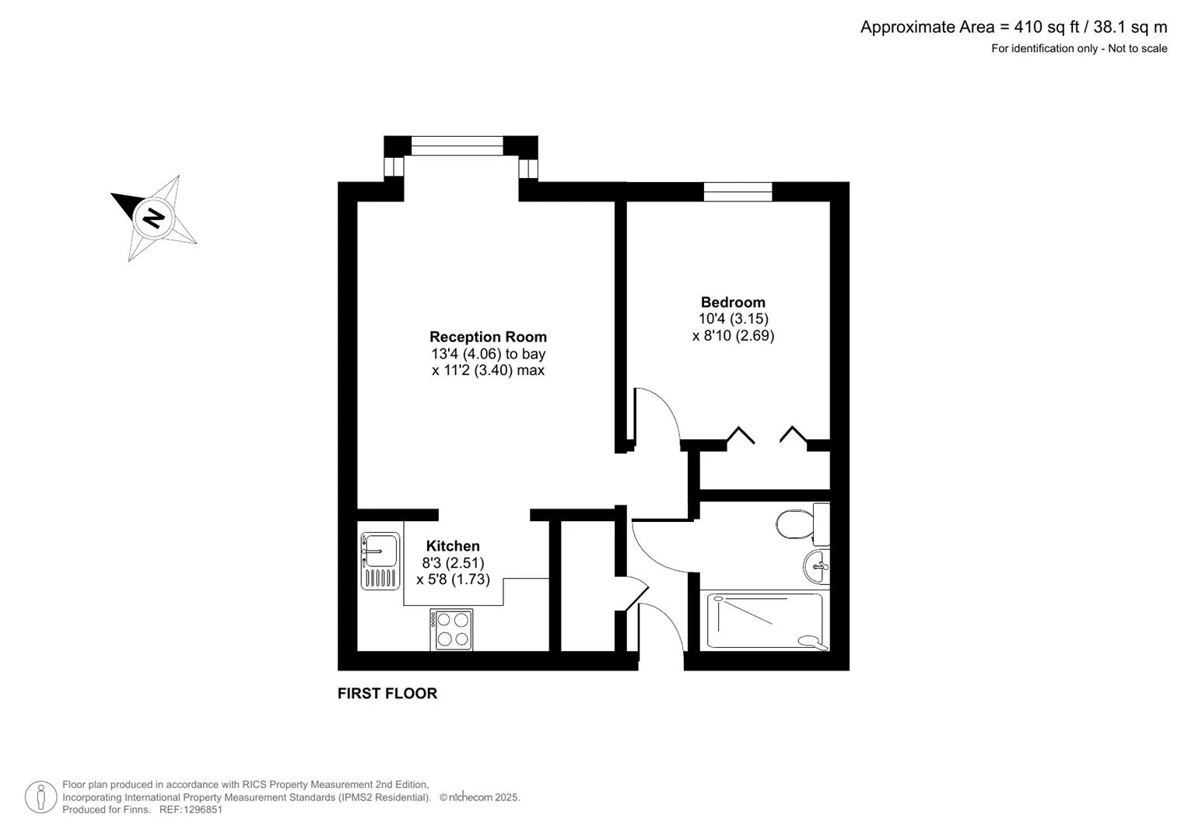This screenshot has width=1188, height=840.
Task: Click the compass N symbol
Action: tap(153, 219)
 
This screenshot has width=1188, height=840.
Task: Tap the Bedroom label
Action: tap(733, 303)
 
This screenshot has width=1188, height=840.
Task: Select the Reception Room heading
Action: tap(488, 337)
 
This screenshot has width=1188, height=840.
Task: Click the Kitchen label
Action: tap(453, 546)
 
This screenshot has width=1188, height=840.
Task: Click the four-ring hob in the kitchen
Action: tap(451, 629)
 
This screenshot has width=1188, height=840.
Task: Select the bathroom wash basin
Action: tap(817, 566)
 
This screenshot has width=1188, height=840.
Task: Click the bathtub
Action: tap(765, 621)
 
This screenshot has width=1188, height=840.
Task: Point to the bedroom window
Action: tap(738, 191)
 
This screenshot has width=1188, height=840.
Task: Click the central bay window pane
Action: tap(457, 146)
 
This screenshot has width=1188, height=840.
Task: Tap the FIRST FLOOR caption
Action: tap(387, 694)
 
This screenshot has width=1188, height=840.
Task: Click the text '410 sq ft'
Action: tap(1047, 27)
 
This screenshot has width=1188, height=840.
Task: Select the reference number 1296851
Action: tap(202, 810)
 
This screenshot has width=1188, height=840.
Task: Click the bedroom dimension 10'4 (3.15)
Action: tap(734, 319)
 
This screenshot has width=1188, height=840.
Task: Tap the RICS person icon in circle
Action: tap(40, 797)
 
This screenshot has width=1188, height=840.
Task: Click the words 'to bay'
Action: tap(526, 354)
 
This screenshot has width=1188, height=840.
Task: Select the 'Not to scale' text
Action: tap(1137, 48)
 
